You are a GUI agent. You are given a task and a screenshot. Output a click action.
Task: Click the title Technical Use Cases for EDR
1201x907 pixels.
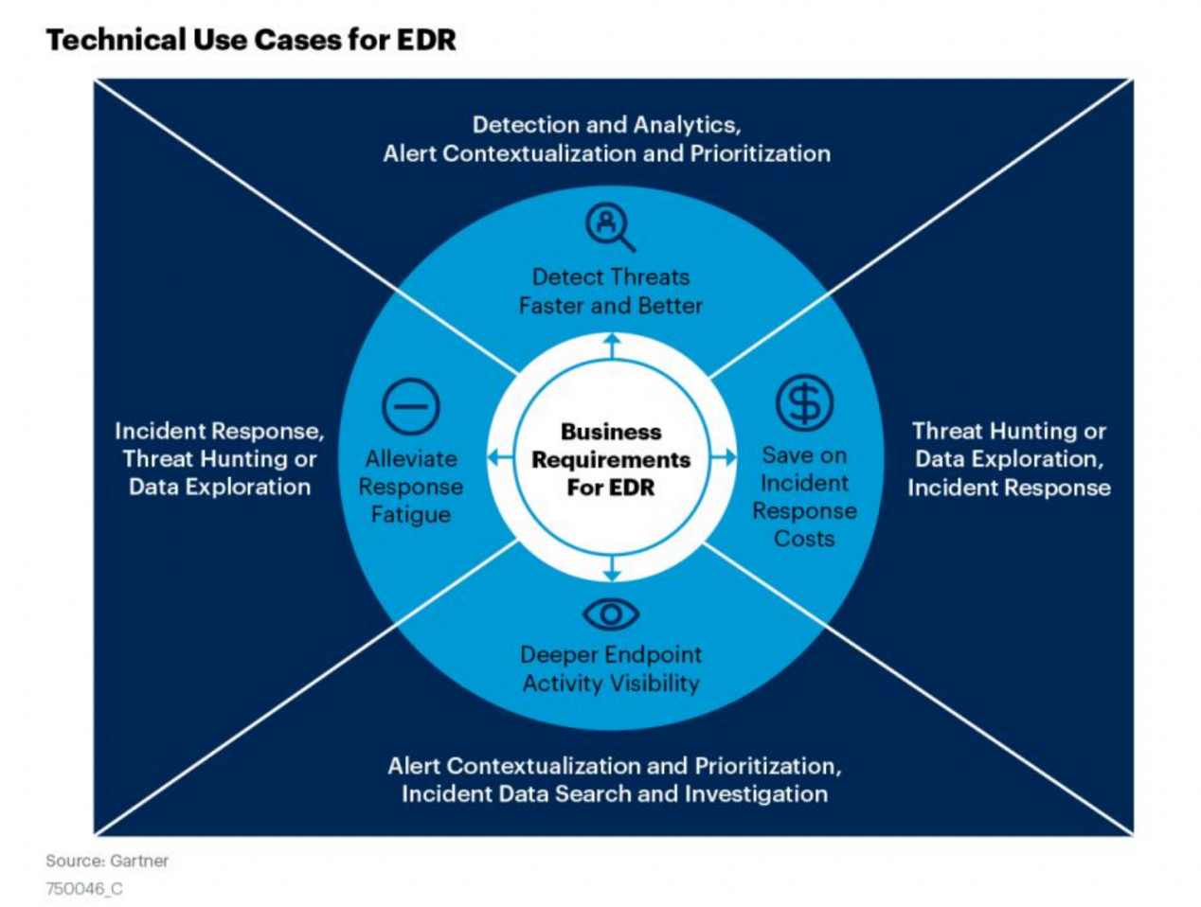coord(251,40)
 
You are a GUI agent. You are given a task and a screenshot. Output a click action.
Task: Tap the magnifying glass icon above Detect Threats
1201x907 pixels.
coord(609,227)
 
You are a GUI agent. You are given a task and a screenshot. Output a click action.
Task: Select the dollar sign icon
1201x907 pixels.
coord(804,402)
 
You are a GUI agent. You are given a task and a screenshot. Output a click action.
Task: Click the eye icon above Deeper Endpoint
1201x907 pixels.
coord(611,614)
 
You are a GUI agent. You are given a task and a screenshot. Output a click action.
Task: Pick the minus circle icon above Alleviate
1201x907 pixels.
coord(411,407)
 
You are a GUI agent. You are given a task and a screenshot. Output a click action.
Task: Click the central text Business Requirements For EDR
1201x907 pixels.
coord(611,459)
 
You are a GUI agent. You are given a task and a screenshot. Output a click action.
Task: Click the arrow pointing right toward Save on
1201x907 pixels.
coord(725,458)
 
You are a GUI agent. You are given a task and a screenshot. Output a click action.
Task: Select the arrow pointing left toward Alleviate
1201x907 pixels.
coord(498,458)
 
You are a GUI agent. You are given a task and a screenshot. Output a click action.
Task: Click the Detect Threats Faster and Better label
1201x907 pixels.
coord(611,292)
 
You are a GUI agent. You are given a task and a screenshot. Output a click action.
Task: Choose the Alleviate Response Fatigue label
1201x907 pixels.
coord(411,487)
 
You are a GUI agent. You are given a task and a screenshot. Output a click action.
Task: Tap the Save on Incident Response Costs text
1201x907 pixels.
coord(804,497)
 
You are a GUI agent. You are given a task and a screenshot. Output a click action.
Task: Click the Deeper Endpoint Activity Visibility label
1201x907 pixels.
coord(611,668)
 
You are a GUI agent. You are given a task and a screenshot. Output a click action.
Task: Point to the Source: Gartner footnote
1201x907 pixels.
coord(107,861)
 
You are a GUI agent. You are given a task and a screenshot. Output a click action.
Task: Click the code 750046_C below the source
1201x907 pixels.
coord(84,889)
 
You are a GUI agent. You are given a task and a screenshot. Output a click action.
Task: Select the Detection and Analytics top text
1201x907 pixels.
coord(606,125)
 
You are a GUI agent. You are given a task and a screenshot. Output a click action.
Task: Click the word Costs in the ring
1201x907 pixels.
coord(804,539)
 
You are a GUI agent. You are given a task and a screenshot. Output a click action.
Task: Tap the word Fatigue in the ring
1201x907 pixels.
coord(411,515)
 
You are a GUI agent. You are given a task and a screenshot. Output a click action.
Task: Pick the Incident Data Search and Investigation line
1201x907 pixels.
coord(614,793)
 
